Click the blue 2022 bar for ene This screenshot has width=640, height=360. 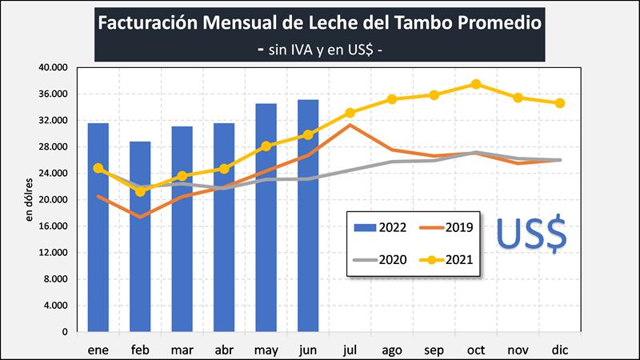(x=98, y=227)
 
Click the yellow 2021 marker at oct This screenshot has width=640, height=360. (x=476, y=84)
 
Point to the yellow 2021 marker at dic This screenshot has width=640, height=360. (x=560, y=103)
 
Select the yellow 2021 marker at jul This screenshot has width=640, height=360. (x=350, y=113)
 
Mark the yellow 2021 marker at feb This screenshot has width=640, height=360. (x=140, y=191)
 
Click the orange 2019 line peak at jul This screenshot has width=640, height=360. (x=350, y=125)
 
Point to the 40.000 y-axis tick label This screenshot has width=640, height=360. (x=54, y=68)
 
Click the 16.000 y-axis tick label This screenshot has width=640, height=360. (x=54, y=226)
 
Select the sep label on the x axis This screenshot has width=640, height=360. (x=434, y=350)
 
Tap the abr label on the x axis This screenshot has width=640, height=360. (x=224, y=350)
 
